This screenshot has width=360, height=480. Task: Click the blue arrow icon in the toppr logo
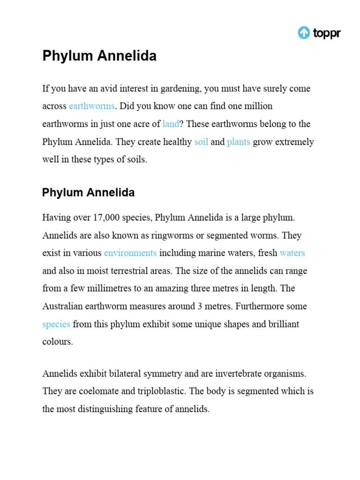coord(304,33)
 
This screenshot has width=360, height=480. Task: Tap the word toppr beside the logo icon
coord(326,33)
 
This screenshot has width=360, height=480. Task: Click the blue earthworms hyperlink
coord(91,106)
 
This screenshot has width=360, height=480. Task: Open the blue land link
coord(171,124)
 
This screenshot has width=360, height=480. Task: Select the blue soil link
coord(201,142)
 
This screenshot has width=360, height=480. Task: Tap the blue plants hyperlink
coord(239,142)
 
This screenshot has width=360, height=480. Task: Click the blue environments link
coord(130,253)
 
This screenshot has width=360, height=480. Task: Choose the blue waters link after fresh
coord(292,253)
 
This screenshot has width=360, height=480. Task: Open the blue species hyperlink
coord(56,324)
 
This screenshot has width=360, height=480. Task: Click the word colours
coord(58,342)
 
